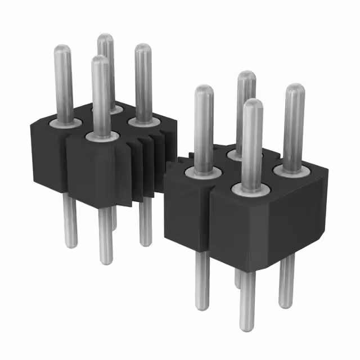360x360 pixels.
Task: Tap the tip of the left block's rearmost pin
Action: [105, 38]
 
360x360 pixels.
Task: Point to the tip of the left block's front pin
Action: [101, 59]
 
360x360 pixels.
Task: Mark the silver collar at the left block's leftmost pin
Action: [62, 121]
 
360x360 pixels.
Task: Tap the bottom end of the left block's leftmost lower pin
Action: [70, 244]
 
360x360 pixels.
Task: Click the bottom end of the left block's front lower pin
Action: [105, 260]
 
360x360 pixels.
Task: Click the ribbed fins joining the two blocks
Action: [147, 163]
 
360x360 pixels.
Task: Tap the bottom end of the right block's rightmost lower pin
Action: [286, 303]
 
